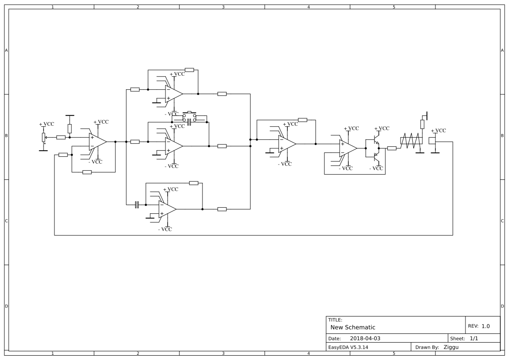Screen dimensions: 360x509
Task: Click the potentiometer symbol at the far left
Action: coord(43,137)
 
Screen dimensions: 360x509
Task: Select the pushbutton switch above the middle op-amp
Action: coord(189,115)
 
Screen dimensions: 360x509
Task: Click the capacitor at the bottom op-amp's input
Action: coord(137,205)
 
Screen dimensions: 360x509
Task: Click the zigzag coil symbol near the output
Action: coord(411,141)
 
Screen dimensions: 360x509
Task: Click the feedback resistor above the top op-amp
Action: coord(189,70)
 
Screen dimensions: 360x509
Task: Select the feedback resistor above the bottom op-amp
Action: coord(194,183)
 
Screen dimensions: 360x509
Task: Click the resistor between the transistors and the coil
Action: coord(392,148)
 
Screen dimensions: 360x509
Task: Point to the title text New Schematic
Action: coord(353,327)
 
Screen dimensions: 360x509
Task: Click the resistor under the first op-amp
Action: coord(87,172)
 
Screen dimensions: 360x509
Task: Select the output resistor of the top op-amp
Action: coord(222,94)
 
